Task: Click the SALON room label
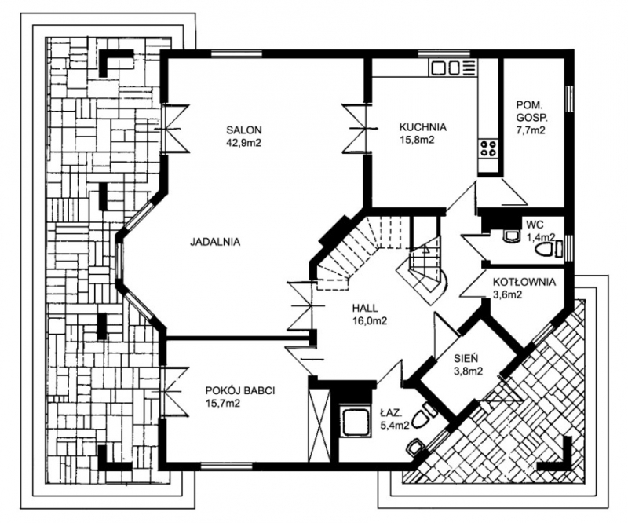tap(244, 130)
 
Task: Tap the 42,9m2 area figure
tap(243, 142)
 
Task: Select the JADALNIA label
tap(215, 242)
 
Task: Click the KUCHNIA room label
tap(422, 127)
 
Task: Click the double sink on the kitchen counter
tap(445, 68)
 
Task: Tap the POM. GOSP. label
tap(531, 112)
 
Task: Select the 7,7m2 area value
tap(531, 130)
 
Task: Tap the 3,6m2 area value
tap(506, 295)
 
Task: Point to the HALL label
tap(365, 308)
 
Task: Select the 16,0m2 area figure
tap(369, 320)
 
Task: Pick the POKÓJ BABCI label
tap(240, 391)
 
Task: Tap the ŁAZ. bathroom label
tap(390, 412)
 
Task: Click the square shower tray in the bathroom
tap(355, 422)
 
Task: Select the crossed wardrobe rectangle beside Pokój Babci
tap(319, 424)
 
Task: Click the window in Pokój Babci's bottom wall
tap(226, 466)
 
